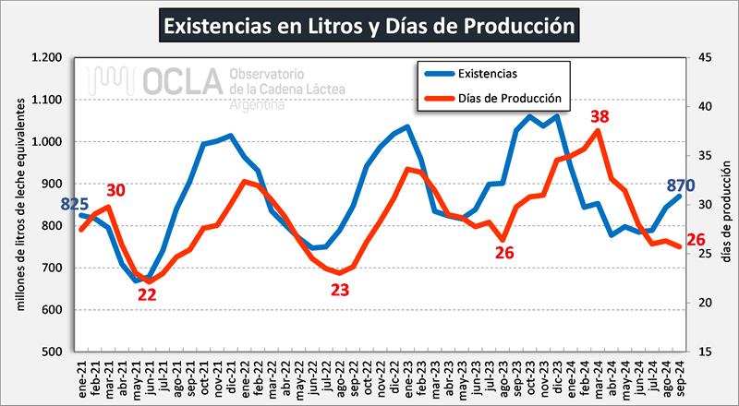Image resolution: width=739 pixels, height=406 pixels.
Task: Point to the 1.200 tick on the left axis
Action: [47, 58]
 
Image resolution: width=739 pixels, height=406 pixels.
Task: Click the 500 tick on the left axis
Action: [53, 352]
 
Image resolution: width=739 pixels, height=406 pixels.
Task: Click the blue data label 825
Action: [76, 204]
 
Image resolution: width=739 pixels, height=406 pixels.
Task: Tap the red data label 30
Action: [115, 190]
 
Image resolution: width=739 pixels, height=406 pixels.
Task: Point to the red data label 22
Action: [148, 294]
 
